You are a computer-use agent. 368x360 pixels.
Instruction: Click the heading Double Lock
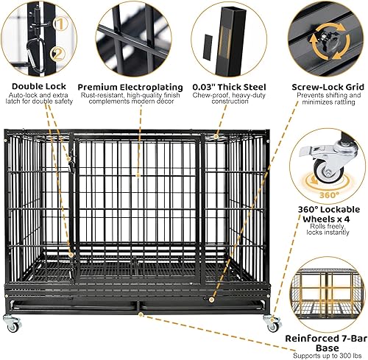[x=42, y=85]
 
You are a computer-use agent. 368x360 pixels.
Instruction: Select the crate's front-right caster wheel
[x=272, y=321]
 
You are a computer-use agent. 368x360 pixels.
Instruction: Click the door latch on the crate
[x=71, y=163]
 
